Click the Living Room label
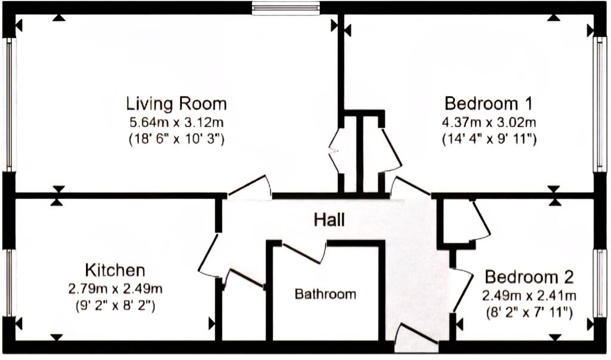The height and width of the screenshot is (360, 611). click(176, 104)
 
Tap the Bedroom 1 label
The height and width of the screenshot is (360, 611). click(488, 104)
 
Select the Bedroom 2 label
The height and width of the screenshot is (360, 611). click(529, 277)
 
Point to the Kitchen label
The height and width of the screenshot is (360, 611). click(115, 270)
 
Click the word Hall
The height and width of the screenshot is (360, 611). click(329, 220)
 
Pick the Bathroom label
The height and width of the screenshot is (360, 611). click(325, 294)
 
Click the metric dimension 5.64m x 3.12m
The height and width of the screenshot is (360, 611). click(176, 122)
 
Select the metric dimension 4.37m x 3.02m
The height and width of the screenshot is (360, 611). click(489, 122)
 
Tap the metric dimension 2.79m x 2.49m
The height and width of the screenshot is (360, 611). click(115, 289)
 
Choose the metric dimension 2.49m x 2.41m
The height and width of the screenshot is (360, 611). click(529, 296)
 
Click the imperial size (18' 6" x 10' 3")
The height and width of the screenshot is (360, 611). click(176, 139)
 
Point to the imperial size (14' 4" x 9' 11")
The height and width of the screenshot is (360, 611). click(489, 139)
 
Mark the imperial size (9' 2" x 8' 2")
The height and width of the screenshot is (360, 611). click(115, 306)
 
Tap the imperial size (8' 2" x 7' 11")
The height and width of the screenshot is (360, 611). click(529, 312)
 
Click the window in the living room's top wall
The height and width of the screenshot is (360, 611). click(286, 8)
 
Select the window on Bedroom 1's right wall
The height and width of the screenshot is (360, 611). click(600, 104)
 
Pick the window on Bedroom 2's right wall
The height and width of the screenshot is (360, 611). click(600, 283)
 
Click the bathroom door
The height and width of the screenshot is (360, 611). click(304, 253)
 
